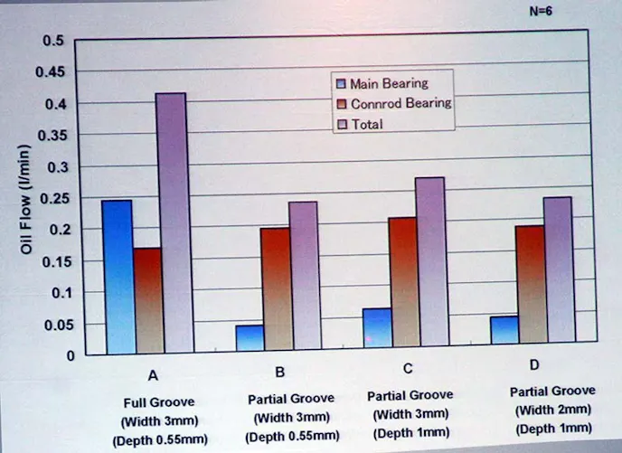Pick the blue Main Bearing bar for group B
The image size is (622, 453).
[x=250, y=337]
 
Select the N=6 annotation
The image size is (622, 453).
[x=540, y=13]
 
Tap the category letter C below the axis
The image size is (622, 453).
[x=408, y=369]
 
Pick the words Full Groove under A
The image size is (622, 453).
[x=158, y=401]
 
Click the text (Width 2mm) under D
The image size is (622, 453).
[x=551, y=410]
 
